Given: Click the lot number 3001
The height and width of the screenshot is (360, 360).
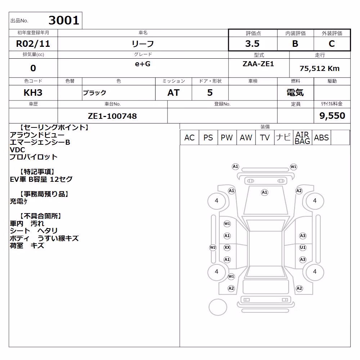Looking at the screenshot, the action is click(x=64, y=20).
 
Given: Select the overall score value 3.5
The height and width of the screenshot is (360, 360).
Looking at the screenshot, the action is click(x=252, y=44).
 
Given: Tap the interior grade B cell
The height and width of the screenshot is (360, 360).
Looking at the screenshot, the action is click(x=295, y=44).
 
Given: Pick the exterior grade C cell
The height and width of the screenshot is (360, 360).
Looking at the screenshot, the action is click(x=332, y=44).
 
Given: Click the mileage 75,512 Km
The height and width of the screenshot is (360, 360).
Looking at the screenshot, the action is click(x=319, y=68).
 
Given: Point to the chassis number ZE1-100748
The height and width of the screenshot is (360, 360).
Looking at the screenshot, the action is click(x=112, y=116).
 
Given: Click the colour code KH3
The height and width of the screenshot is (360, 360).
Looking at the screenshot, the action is click(x=33, y=93).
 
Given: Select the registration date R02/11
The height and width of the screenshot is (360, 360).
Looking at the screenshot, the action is click(x=33, y=44).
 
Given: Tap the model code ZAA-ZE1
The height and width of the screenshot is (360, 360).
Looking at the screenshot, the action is click(x=258, y=64).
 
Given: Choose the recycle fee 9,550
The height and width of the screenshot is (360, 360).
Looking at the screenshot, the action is click(x=332, y=116).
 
